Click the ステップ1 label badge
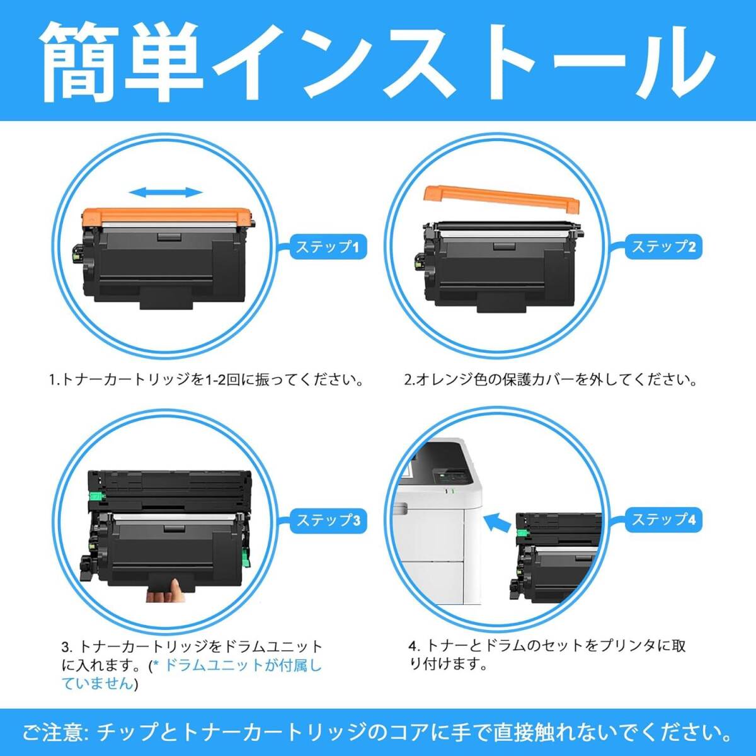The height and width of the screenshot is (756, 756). (x=328, y=247)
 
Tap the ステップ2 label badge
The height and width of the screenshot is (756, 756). (x=663, y=247)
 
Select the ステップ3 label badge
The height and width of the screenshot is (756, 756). (x=328, y=520)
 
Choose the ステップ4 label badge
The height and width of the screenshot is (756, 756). (x=663, y=520)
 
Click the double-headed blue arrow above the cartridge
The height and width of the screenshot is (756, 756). (x=166, y=192)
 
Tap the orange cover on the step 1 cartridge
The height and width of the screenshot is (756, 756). (x=167, y=217)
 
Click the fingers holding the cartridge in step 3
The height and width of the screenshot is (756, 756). (x=165, y=590)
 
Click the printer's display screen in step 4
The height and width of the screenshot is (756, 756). (x=451, y=479)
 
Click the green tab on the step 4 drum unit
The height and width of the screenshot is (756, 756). (x=522, y=532)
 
